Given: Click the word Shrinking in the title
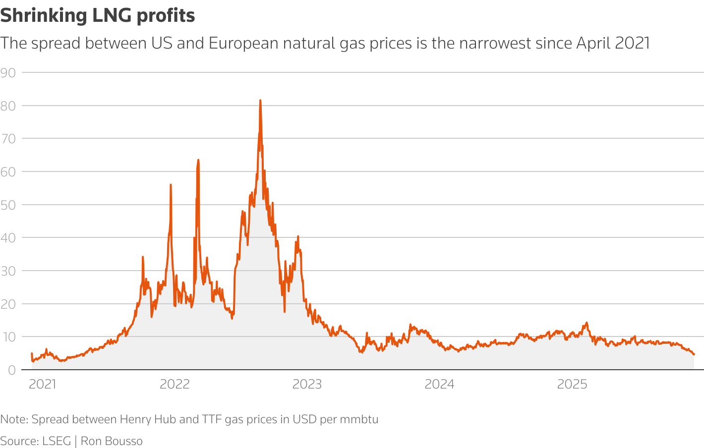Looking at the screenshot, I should pos(44,16).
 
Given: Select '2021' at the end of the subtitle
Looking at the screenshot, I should pos(633,44).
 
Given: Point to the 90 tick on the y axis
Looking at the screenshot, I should pos(8,73).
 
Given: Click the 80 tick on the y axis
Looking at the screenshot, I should pos(8,106).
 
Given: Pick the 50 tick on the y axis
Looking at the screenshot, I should pos(8,205).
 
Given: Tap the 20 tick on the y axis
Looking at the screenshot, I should pos(8,304).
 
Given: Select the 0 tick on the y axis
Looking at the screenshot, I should pos(11,370).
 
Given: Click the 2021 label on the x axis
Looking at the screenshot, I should pos(43,385).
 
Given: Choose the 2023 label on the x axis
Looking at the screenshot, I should pos(307,385).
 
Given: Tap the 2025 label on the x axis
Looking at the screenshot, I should pos(572,385).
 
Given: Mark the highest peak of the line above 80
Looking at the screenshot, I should pos(260,101).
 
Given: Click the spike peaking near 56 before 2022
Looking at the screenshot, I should pos(171,185).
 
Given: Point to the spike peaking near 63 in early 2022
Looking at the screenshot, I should pos(198,160).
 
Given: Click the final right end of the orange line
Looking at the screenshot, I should pos(694,354).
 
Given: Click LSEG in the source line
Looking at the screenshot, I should pos(57,441).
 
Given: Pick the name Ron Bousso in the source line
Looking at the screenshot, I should pos(112,441).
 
